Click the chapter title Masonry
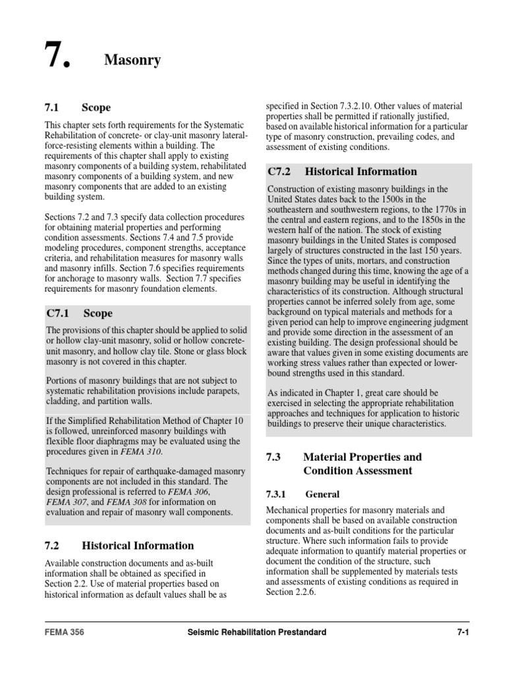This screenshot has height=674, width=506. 132,61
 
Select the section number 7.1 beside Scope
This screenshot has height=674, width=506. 53,107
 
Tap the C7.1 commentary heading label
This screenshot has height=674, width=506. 61,313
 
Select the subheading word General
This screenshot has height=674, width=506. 323,494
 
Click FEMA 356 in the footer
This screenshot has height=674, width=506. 64,633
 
